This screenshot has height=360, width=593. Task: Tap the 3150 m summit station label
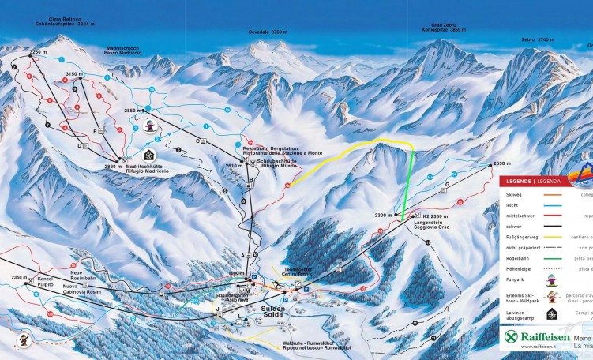[74, 73]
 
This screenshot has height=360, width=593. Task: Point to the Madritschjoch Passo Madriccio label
[122, 51]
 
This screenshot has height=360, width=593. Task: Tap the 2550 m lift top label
[503, 163]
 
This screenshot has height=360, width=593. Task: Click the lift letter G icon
[447, 185]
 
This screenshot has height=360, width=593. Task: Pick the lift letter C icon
[198, 141]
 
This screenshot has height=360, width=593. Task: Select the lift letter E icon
[96, 130]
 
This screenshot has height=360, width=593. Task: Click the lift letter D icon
[80, 145]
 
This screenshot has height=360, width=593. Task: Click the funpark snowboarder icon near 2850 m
[149, 125]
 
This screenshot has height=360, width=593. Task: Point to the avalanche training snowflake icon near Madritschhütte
[149, 154]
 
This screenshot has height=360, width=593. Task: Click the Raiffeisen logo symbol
[512, 338]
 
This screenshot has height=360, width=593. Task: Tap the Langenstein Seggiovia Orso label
[433, 225]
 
